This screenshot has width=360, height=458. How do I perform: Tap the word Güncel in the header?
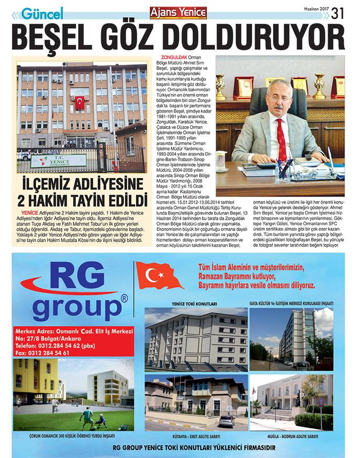point(41,13)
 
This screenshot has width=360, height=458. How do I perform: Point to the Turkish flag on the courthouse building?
point(80,102)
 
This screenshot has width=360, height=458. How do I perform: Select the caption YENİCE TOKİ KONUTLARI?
point(197,303)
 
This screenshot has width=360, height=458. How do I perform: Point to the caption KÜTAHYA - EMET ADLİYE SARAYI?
point(196,436)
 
